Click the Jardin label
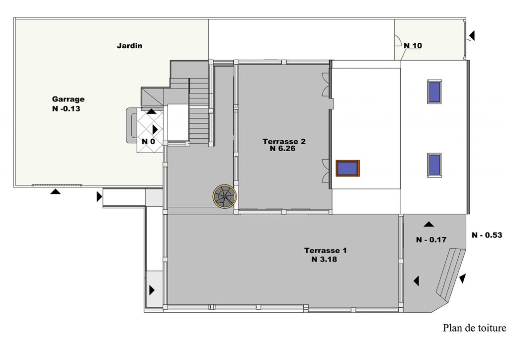pyautogui.click(x=130, y=46)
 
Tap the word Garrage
pyautogui.click(x=68, y=99)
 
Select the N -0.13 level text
pyautogui.click(x=66, y=109)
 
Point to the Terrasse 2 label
pyautogui.click(x=284, y=142)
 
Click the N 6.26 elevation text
pyautogui.click(x=282, y=149)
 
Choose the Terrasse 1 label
pyautogui.click(x=325, y=251)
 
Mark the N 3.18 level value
pyautogui.click(x=324, y=260)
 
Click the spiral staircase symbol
pyautogui.click(x=225, y=196)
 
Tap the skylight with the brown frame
pyautogui.click(x=347, y=169)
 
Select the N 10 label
pyautogui.click(x=413, y=46)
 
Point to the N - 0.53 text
pyautogui.click(x=487, y=235)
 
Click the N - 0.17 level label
pyautogui.click(x=431, y=240)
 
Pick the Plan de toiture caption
pyautogui.click(x=474, y=328)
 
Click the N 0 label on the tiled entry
pyautogui.click(x=148, y=142)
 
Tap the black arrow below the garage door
pyautogui.click(x=56, y=191)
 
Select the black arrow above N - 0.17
pyautogui.click(x=428, y=224)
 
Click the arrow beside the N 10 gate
pyautogui.click(x=472, y=36)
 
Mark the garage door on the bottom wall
pyautogui.click(x=58, y=185)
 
